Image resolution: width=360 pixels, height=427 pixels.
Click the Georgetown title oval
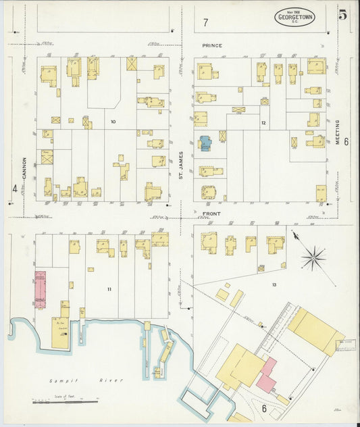coord(294,18)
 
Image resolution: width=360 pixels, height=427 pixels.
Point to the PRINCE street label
coord(211,46)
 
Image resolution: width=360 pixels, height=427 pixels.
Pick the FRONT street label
coord(211,214)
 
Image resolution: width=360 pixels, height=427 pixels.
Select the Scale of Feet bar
coord(65,402)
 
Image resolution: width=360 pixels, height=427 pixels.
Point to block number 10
coord(113,122)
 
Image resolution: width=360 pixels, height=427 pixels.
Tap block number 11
coord(109,288)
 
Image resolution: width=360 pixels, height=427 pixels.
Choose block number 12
coord(263,122)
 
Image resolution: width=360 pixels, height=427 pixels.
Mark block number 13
coord(274,284)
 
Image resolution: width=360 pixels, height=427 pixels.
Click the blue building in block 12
coord(205,143)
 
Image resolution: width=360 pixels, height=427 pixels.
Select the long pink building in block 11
coord(40,289)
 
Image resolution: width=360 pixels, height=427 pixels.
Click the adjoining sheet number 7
coord(205,23)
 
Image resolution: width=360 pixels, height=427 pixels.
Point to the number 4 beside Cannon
coord(14,188)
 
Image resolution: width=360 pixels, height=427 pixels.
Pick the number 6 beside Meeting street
coord(345,142)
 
